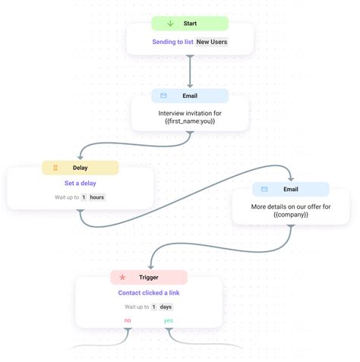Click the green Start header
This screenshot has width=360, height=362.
189,24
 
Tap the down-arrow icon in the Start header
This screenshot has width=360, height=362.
171,24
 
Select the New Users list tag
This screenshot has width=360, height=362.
211,42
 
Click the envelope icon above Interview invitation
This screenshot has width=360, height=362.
163,96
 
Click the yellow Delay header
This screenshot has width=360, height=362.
81,168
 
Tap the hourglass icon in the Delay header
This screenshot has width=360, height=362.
55,168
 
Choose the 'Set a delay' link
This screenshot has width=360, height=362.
80,183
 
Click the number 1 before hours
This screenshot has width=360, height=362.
84,197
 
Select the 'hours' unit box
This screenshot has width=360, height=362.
96,197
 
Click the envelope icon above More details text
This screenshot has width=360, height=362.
264,189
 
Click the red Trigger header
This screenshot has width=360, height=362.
148,277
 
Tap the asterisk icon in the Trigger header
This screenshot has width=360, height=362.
122,277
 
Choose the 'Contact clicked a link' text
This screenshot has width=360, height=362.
149,292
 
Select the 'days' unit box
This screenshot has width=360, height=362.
166,307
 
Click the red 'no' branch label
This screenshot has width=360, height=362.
128,321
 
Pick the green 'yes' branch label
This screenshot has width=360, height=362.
169,321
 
